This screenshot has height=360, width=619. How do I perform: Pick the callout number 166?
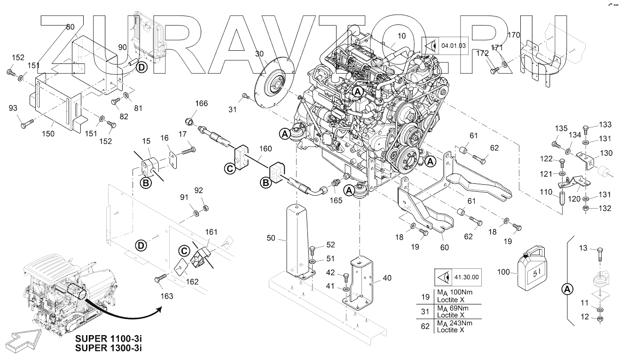pos(201,103)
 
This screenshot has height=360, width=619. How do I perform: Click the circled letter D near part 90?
pos(141,68)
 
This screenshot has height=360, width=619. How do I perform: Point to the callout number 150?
pos(48,133)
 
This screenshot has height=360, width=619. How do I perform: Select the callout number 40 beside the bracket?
pos(387,278)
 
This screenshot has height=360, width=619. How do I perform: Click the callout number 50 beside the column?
pos(271,239)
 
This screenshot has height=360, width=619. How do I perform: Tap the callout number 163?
pos(167,296)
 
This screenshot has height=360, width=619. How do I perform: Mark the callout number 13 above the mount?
pos(583,248)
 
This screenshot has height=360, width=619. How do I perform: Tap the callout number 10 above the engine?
pos(401,36)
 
